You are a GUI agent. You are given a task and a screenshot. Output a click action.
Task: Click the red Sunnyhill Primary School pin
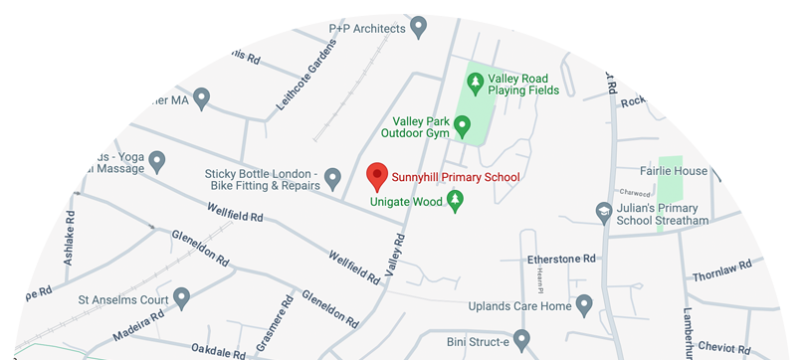coord(377,175)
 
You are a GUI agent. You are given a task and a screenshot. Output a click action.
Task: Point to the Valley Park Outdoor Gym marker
coord(462,126)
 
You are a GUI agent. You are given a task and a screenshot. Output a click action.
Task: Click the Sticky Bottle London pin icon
coord(333,179)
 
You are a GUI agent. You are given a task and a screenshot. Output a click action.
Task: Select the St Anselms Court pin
coord(181,296)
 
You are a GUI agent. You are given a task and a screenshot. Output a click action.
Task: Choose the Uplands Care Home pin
coord(584,303)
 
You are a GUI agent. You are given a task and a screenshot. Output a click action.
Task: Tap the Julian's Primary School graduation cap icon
coord(602,212)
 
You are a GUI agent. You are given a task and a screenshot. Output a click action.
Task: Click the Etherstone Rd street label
coord(561,259)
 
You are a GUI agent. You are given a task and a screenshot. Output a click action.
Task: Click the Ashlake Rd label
coord(69,234)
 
